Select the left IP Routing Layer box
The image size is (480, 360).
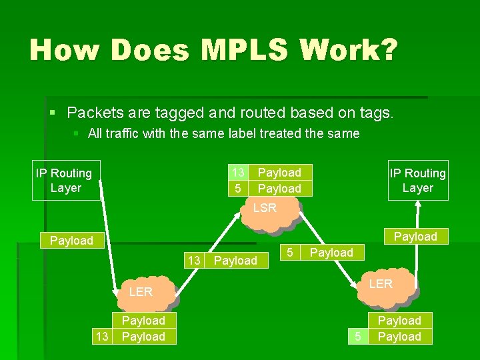[66, 180]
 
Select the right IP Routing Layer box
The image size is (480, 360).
[418, 180]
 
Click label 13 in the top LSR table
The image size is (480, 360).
[237, 173]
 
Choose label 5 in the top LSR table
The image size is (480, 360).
[237, 189]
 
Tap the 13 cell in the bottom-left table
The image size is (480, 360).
[102, 336]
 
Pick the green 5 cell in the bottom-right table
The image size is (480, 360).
[358, 336]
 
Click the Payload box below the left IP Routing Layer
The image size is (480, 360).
[71, 240]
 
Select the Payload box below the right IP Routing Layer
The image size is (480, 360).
[415, 237]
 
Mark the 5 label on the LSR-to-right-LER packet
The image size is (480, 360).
[290, 252]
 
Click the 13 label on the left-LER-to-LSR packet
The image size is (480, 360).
[193, 260]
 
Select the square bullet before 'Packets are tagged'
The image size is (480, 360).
[54, 111]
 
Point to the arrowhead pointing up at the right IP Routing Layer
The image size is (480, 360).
[417, 206]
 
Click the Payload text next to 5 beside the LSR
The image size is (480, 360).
[331, 252]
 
